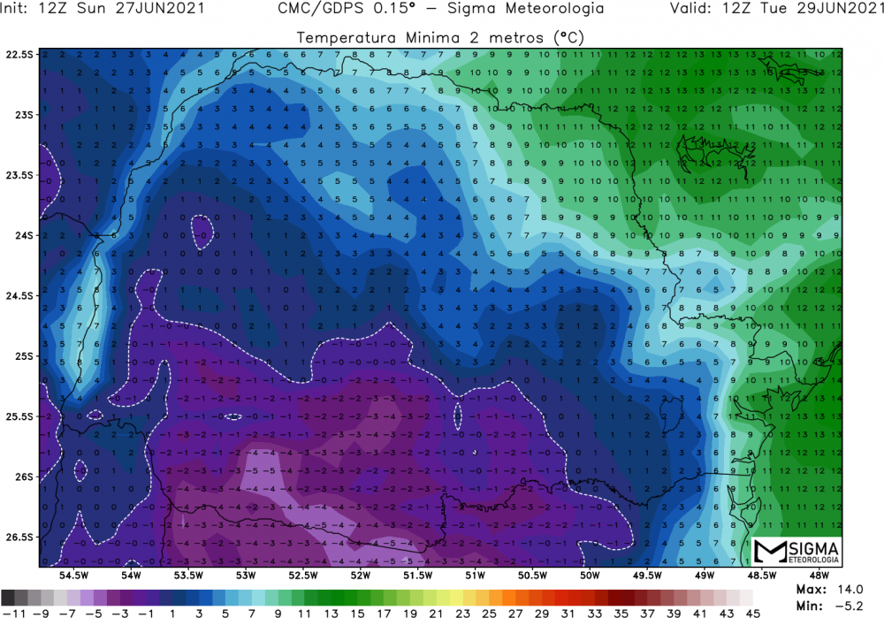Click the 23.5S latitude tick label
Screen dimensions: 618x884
(x=19, y=175)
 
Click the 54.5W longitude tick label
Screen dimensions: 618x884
(x=72, y=576)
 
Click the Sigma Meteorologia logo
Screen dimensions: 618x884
(x=796, y=552)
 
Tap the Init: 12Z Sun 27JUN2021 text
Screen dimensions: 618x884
(x=105, y=9)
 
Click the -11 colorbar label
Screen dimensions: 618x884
(x=12, y=611)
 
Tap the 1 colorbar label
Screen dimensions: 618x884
(x=171, y=611)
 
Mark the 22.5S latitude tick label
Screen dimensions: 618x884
(x=19, y=54)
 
